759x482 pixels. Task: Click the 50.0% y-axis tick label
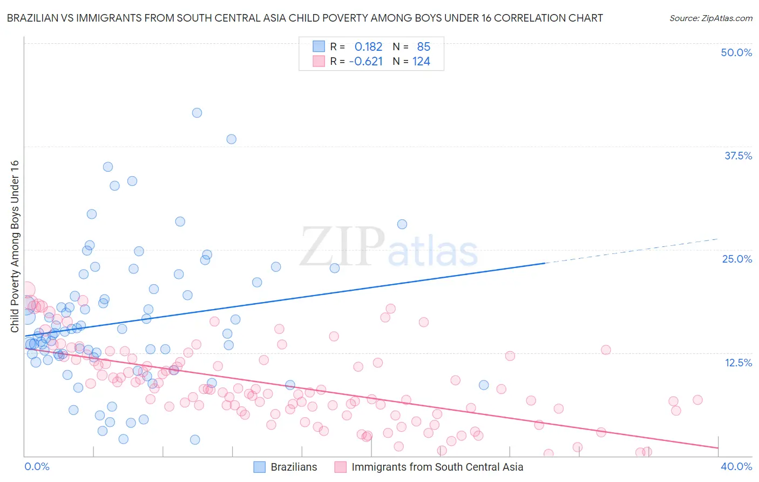pyautogui.click(x=736, y=52)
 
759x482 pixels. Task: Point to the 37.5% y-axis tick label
pyautogui.click(x=738, y=156)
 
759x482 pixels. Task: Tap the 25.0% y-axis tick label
pyautogui.click(x=737, y=259)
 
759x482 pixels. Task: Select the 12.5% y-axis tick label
pyautogui.click(x=738, y=363)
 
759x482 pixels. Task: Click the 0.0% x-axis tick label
pyautogui.click(x=37, y=466)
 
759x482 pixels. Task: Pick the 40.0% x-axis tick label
pyautogui.click(x=736, y=466)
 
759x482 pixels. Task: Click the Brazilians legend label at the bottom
pyautogui.click(x=294, y=467)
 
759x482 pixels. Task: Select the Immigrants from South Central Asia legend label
pyautogui.click(x=437, y=467)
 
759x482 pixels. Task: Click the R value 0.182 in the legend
pyautogui.click(x=368, y=47)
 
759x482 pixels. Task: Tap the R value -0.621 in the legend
pyautogui.click(x=366, y=62)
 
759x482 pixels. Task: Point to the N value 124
pyautogui.click(x=421, y=62)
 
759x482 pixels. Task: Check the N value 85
pyautogui.click(x=423, y=47)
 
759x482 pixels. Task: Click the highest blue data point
pyautogui.click(x=197, y=113)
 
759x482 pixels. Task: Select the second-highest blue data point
pyautogui.click(x=231, y=139)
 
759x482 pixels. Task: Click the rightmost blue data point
pyautogui.click(x=484, y=385)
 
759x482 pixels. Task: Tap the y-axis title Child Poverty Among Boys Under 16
pyautogui.click(x=15, y=246)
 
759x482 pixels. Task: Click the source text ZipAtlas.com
pyautogui.click(x=710, y=18)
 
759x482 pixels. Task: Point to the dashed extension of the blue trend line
pyautogui.click(x=632, y=251)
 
